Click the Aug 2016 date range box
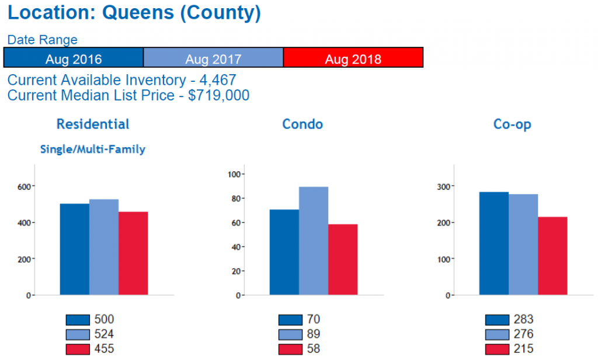click(74, 58)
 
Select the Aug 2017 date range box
click(213, 58)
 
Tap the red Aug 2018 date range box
click(353, 58)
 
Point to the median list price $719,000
click(218, 95)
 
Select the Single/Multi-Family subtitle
click(92, 150)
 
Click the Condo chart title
click(302, 124)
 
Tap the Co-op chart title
click(512, 124)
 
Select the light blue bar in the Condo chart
click(314, 241)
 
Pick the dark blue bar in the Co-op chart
click(494, 243)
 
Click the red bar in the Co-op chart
click(552, 255)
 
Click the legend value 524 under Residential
click(104, 334)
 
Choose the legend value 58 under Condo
click(313, 349)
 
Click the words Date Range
click(42, 40)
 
